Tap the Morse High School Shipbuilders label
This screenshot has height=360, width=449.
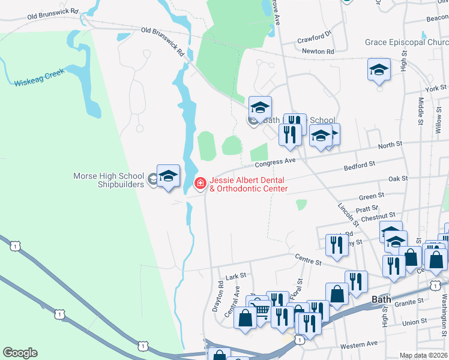coord(109,180)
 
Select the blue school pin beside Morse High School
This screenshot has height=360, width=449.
coord(169,176)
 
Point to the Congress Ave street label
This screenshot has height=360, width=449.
coord(275,161)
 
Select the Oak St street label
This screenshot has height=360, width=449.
coord(397,179)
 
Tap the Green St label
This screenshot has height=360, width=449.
coord(371,196)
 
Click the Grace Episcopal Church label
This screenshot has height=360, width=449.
coord(406,43)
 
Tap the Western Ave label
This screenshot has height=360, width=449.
coord(358,345)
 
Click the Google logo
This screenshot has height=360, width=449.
coord(20,353)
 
